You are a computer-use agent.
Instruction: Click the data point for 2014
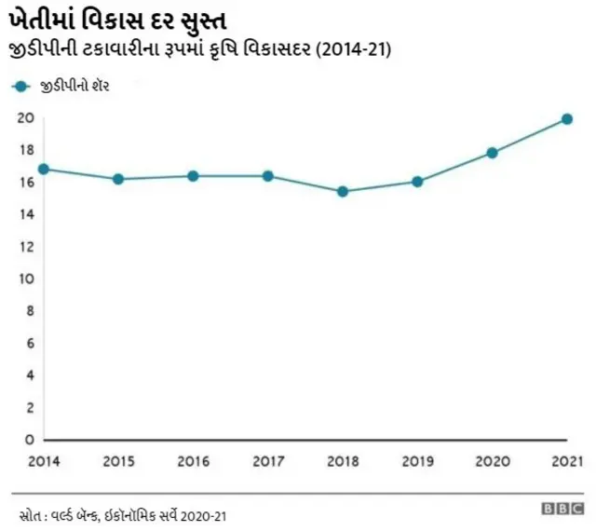click(44, 169)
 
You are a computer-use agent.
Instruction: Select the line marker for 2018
click(343, 191)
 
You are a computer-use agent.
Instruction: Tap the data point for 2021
click(566, 119)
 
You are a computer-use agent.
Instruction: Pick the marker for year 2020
click(492, 153)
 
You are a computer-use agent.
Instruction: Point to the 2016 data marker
click(193, 176)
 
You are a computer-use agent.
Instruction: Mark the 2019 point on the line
click(417, 182)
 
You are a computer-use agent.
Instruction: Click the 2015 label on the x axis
click(118, 461)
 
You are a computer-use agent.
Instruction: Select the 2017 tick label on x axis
click(267, 461)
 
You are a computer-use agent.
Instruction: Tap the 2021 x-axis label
click(566, 461)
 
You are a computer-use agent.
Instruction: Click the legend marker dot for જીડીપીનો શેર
click(20, 86)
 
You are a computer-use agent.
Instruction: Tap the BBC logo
click(562, 509)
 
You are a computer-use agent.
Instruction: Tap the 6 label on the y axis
click(29, 343)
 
